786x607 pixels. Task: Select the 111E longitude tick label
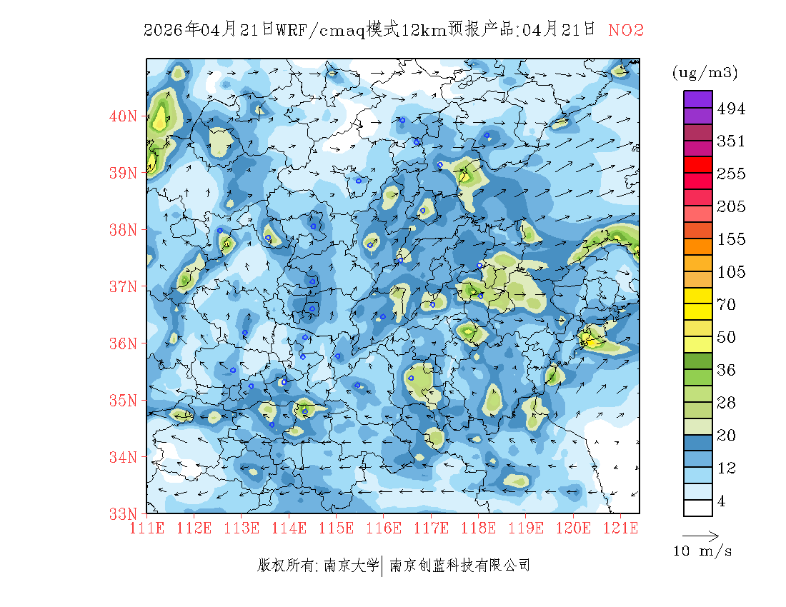[147, 528]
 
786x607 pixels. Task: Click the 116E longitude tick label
[384, 528]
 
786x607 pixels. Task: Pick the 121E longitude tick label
[620, 528]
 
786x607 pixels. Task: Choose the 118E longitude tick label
[479, 528]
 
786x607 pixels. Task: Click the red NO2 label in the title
[626, 30]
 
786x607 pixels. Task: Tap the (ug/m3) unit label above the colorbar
[705, 72]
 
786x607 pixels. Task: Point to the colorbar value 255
[731, 174]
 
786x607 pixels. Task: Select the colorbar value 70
[726, 305]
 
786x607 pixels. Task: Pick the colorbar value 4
[721, 501]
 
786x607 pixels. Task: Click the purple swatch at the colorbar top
[698, 99]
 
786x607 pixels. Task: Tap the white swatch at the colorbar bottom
[698, 508]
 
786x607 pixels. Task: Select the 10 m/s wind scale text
[703, 551]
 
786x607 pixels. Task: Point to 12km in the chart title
[424, 30]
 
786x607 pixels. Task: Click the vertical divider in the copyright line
[384, 566]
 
